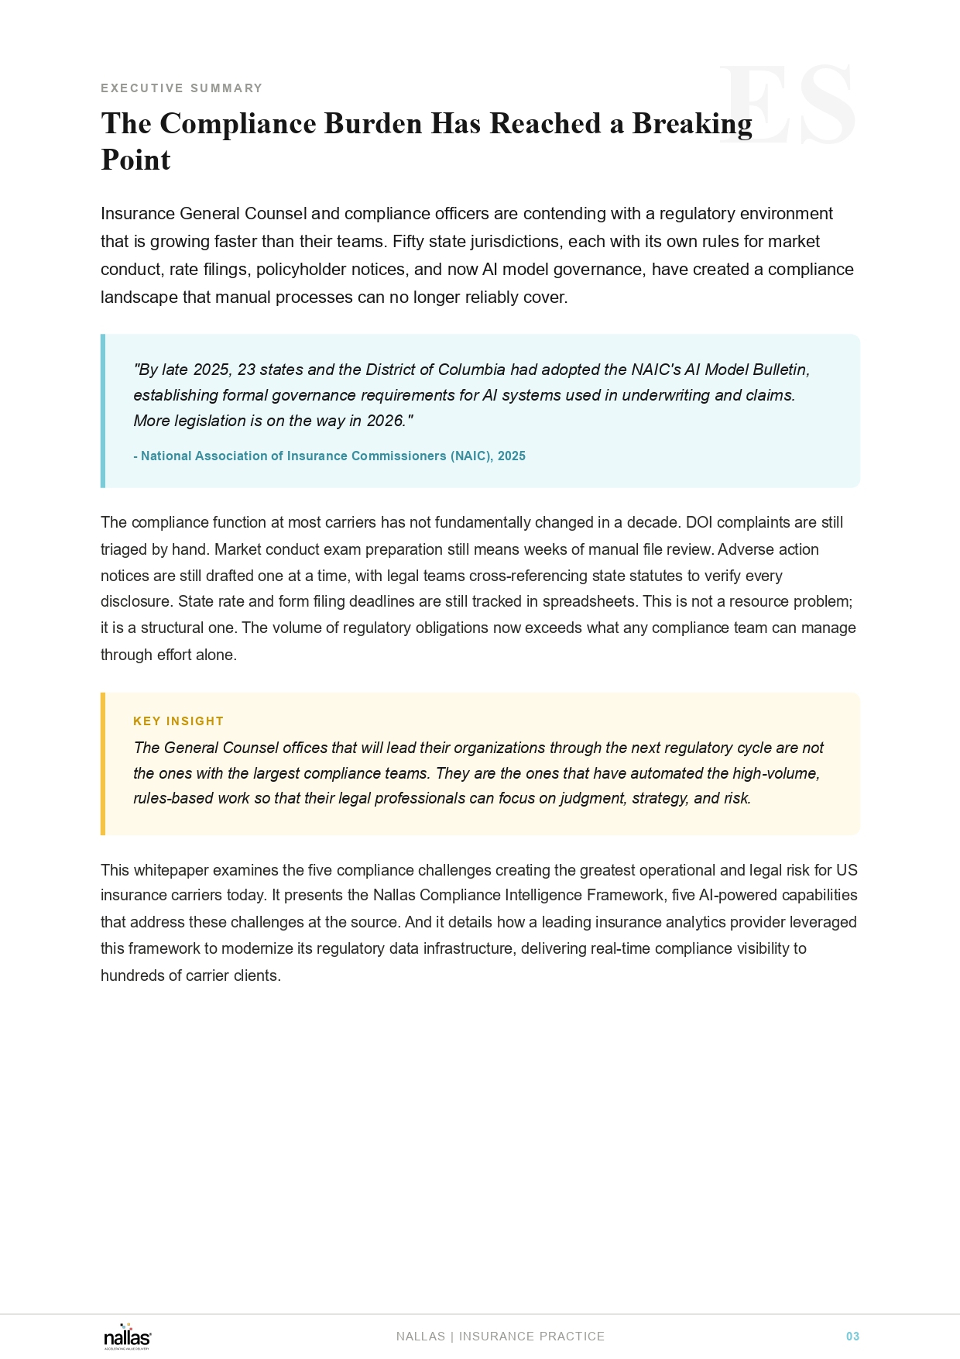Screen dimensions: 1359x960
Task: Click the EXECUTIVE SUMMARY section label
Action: click(x=182, y=88)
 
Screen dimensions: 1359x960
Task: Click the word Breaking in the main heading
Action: click(x=691, y=124)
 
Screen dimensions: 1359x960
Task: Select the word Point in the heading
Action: click(x=135, y=160)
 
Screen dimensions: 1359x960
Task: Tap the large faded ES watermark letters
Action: click(x=788, y=106)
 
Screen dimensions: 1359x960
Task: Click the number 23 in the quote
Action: click(x=246, y=370)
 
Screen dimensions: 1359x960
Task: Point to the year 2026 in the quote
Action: click(x=386, y=421)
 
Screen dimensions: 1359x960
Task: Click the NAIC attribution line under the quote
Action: click(x=329, y=456)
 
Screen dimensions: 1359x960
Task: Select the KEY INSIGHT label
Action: click(x=178, y=721)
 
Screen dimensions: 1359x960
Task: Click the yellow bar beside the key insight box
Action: click(x=103, y=764)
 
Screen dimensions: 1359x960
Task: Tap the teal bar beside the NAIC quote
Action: click(x=103, y=411)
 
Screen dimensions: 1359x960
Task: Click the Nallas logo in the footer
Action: click(x=128, y=1337)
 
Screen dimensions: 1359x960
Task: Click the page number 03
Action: click(x=852, y=1337)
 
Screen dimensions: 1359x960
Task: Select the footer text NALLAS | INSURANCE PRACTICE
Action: click(x=500, y=1337)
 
